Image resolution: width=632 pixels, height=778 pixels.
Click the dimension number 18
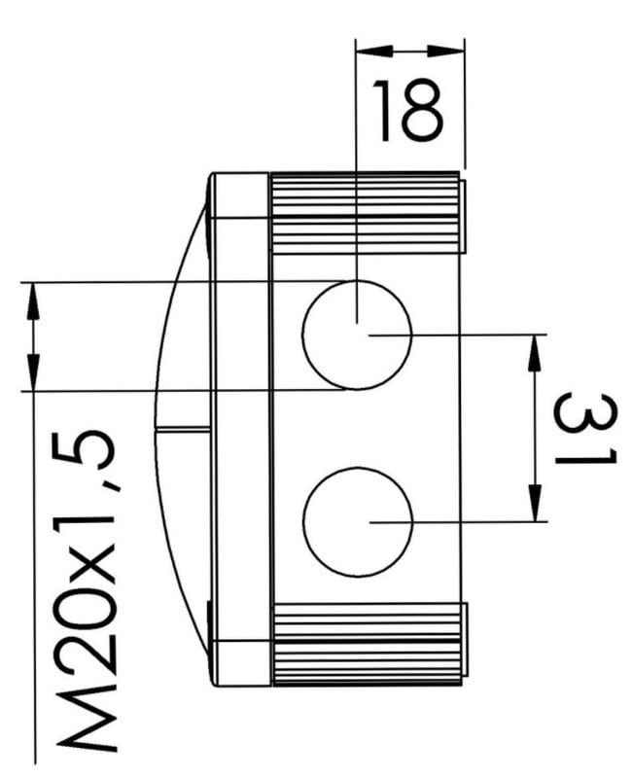406,110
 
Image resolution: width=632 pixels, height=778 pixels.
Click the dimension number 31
585,428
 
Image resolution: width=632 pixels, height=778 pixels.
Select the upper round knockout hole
357,335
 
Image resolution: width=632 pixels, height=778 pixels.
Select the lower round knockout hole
358,522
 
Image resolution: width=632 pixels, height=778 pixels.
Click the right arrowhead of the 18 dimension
445,51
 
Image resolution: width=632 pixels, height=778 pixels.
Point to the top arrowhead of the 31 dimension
535,353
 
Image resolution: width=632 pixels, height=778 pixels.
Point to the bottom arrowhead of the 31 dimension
535,503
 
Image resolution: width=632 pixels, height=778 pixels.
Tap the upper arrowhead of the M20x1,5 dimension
33,301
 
